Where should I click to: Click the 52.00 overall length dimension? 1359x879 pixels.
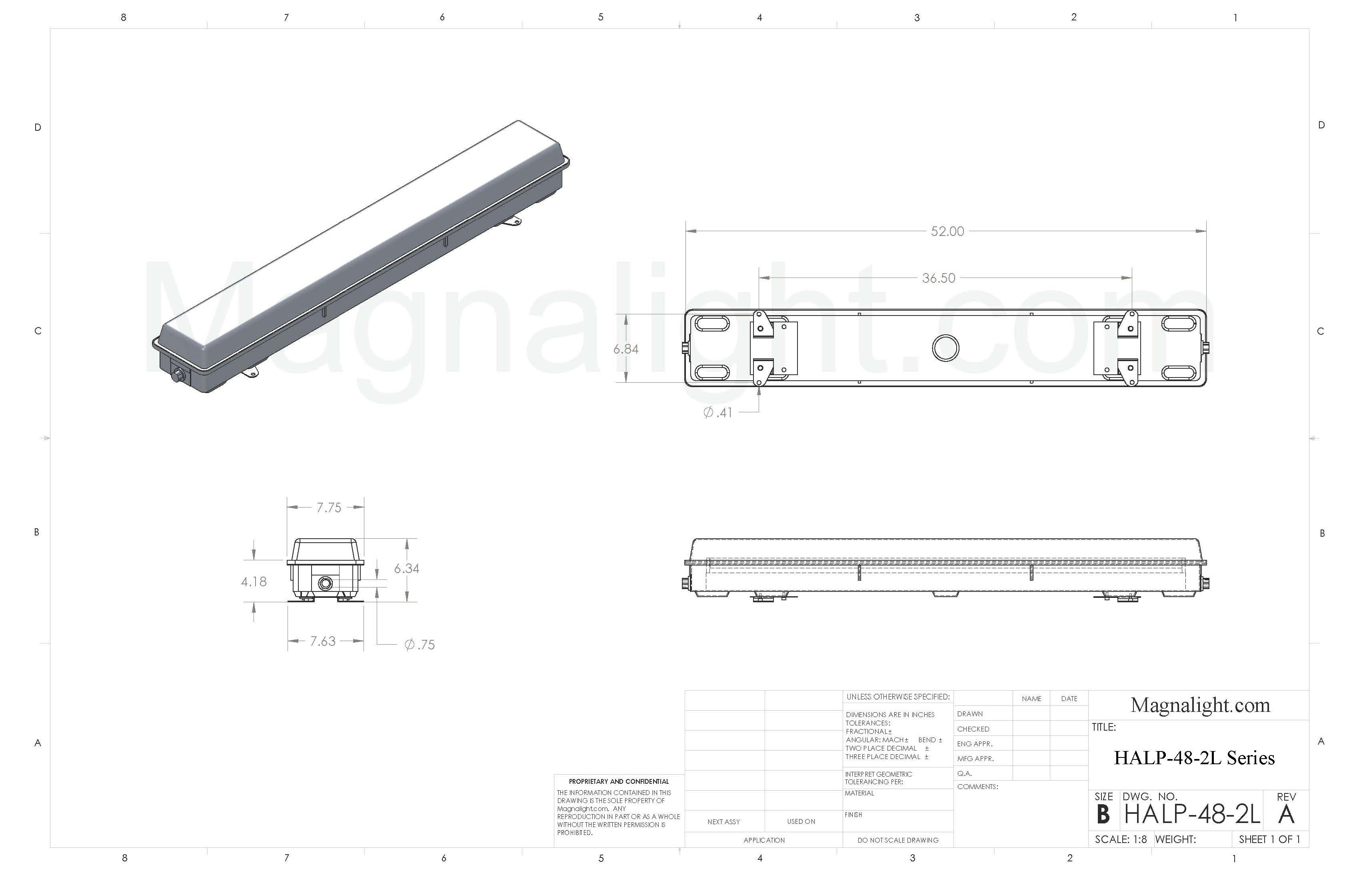point(947,231)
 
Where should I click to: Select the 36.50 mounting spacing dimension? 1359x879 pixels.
point(938,278)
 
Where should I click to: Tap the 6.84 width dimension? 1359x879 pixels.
point(626,349)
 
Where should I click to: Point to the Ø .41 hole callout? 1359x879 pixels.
point(717,412)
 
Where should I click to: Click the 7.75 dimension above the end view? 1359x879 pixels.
point(329,507)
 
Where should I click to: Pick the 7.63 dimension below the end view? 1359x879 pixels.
point(322,641)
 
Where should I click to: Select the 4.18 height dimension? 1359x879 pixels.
point(254,581)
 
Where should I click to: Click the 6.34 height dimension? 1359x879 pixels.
point(406,569)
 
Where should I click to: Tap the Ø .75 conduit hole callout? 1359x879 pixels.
point(420,644)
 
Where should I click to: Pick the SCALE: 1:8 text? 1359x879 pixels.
point(1120,839)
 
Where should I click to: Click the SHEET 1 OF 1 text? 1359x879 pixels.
point(1269,839)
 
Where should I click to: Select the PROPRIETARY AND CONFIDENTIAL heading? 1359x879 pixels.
point(618,781)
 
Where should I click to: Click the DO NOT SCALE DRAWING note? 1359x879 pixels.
point(897,840)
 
